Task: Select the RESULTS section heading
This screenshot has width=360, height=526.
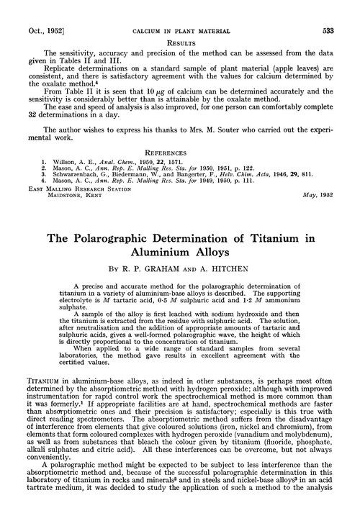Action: [180, 22]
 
